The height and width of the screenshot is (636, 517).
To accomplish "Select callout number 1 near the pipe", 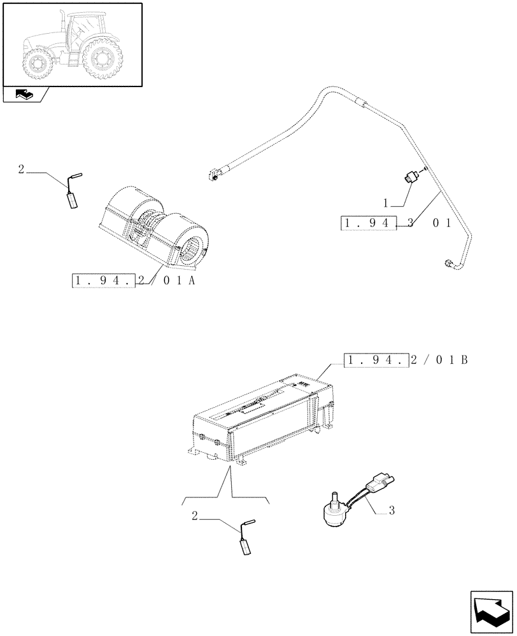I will (385, 203).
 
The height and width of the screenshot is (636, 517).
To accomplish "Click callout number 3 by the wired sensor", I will (392, 511).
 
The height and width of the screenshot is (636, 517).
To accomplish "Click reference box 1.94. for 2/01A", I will (104, 280).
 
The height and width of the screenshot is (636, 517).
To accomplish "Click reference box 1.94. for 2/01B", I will (376, 361).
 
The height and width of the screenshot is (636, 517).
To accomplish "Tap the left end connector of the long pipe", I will (215, 173).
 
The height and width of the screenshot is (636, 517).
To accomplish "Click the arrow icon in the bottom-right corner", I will (491, 609).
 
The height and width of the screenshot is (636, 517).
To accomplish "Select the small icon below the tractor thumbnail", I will (25, 95).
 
